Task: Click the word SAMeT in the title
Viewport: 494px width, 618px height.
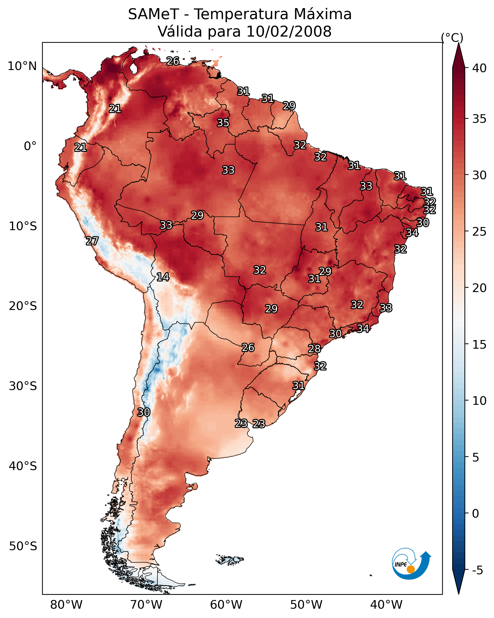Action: pos(154,14)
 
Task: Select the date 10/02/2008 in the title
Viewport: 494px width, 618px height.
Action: pos(289,32)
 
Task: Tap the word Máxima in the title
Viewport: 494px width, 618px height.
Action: pos(323,14)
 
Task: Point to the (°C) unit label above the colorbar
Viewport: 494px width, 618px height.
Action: pos(452,38)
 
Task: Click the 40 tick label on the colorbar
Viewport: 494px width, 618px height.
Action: pos(479,68)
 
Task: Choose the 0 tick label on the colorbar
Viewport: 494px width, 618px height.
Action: pos(476,514)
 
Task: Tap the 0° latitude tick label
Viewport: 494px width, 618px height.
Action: pos(30,146)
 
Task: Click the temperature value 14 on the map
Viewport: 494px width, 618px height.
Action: pos(163,277)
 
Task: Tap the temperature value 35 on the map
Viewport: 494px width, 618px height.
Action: pos(223,123)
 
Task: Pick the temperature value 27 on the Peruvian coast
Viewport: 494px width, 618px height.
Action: pos(92,241)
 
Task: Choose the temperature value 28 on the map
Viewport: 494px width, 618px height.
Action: pos(314,349)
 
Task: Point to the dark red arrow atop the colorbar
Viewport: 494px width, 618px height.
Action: pos(458,55)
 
